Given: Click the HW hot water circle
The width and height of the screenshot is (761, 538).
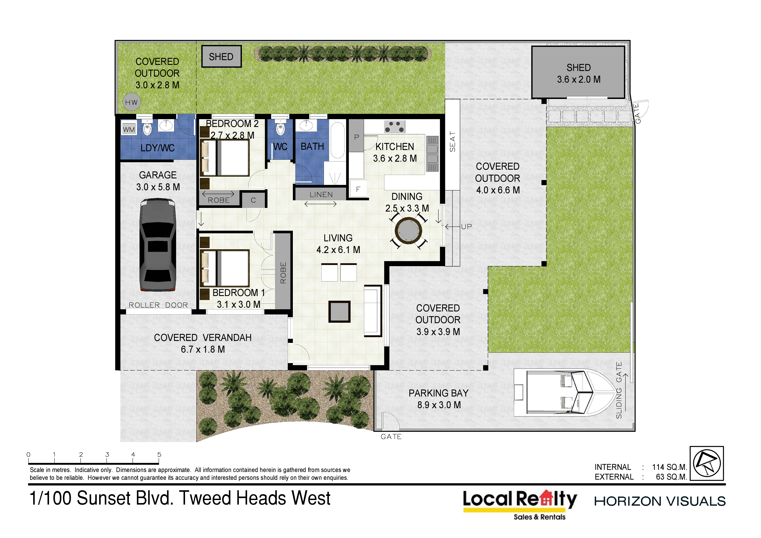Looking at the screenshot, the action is pos(132,102).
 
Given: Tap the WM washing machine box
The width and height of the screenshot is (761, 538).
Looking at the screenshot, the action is pos(129,129).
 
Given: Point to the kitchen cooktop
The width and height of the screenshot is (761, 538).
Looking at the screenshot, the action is pos(394,127).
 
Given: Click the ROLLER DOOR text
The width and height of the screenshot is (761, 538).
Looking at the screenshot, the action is pos(158,305).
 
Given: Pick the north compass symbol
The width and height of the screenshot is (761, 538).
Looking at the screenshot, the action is pos(707,463).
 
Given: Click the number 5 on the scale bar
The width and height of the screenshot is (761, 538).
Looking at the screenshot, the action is pos(159,454).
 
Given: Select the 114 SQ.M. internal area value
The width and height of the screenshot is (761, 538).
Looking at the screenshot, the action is pos(669,467).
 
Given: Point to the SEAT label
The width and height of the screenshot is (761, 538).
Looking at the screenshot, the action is pos(453,141).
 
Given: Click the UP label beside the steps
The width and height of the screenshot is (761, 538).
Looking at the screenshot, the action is pos(466,227).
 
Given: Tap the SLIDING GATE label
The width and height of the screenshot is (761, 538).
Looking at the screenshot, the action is pos(619,390).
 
